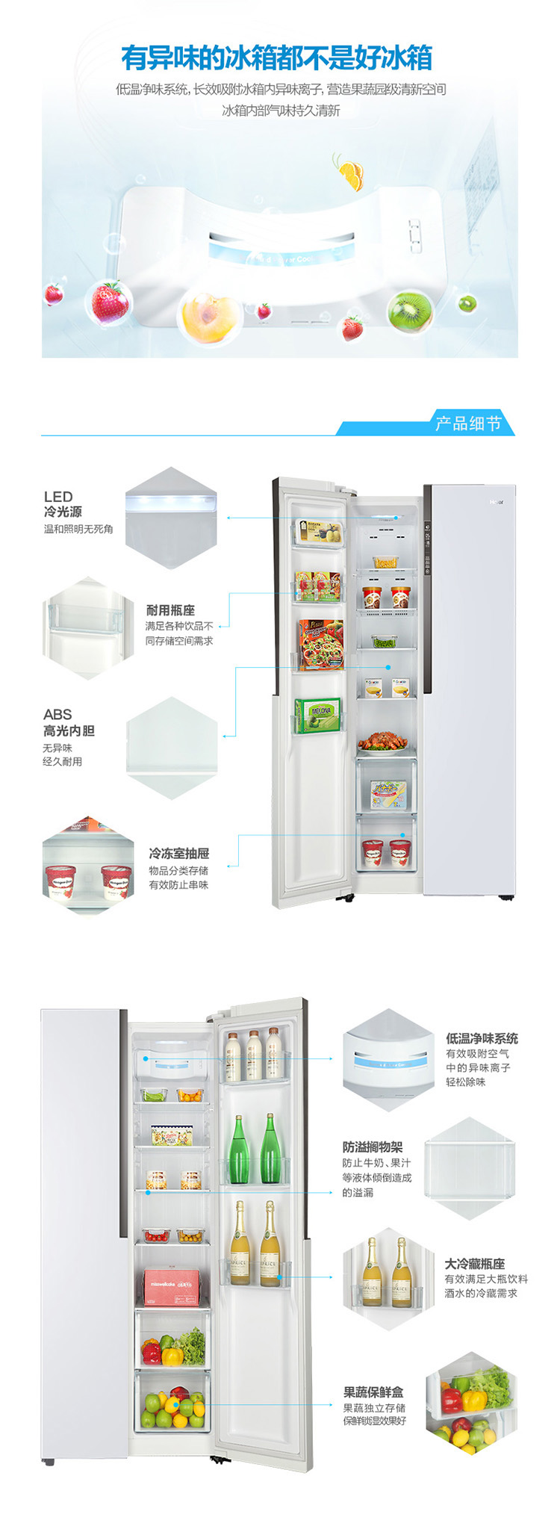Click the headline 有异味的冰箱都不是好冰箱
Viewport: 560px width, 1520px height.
[x=277, y=58]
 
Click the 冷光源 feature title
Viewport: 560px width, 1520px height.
[x=63, y=512]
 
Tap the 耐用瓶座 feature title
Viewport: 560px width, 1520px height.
[x=170, y=610]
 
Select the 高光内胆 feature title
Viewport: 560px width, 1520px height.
[x=69, y=730]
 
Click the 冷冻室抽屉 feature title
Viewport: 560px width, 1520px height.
[x=178, y=853]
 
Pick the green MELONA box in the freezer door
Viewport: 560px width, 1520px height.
[x=317, y=715]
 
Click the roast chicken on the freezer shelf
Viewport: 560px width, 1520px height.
[x=383, y=742]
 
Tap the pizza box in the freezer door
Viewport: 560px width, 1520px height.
[x=321, y=643]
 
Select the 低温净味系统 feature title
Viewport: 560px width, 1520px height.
[x=482, y=1038]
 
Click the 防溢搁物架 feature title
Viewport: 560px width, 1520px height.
[x=373, y=1147]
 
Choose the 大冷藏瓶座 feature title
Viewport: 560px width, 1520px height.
[x=475, y=1264]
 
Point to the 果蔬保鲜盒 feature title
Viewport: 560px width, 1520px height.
[x=373, y=1392]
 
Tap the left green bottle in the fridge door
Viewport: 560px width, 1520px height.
[x=238, y=1151]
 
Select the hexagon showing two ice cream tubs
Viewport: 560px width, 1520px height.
[x=88, y=866]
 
